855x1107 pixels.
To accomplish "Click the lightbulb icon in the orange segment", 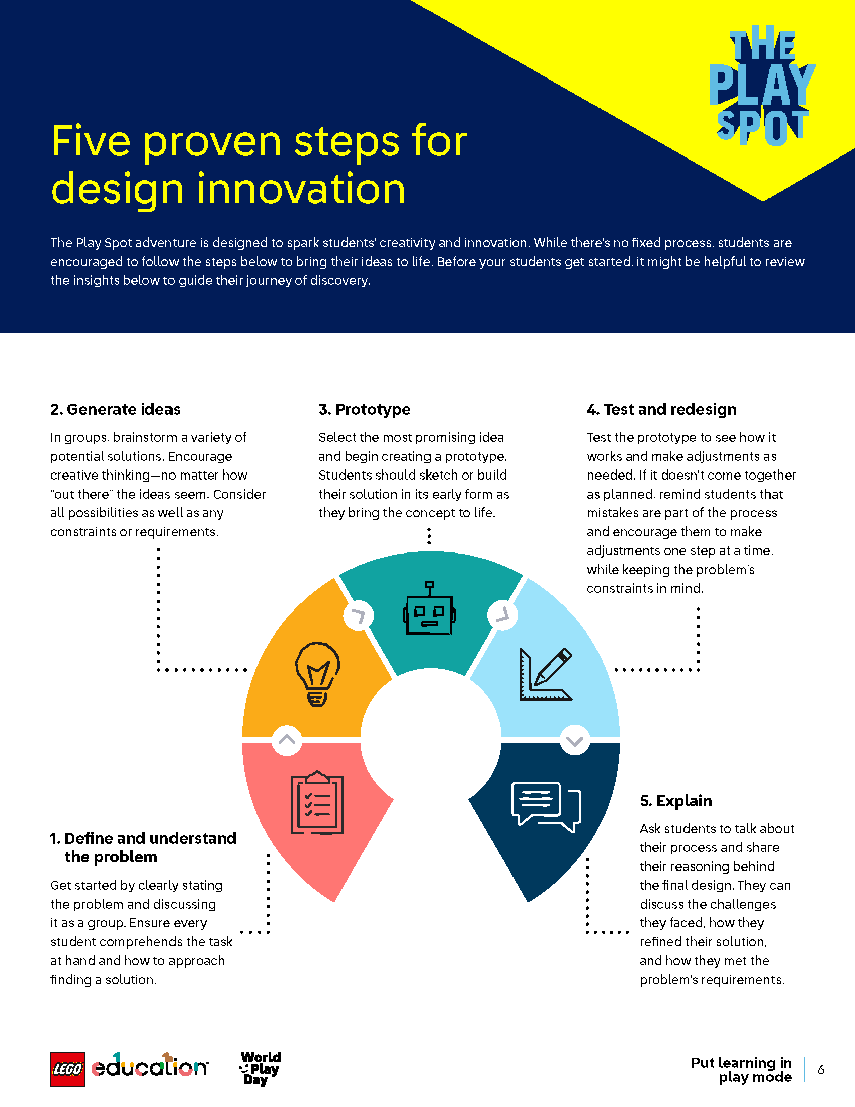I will pos(317,674).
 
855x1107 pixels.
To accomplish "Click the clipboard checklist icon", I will pos(317,803).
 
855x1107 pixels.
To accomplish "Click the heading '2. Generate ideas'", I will pos(115,409).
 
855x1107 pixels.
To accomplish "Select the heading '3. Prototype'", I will pos(364,409).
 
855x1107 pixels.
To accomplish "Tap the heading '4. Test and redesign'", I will pos(661,409).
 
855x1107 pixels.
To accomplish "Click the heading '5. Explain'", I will pos(675,801).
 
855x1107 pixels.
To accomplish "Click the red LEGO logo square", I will pos(67,1069).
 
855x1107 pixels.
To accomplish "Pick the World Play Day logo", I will pos(260,1068).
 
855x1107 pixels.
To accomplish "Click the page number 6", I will pos(821,1070).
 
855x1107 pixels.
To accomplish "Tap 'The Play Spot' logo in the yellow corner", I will pos(761,86).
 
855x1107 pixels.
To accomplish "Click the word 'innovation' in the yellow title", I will pos(301,189).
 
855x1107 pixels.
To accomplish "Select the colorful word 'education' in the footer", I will pos(149,1066).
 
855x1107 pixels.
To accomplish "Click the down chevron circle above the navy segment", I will pos(574,741).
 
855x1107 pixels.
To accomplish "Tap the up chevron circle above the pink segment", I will pos(287,740).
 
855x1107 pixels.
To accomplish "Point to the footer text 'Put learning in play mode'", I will pos(741,1069).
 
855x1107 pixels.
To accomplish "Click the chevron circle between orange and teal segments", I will pos(359,616).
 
